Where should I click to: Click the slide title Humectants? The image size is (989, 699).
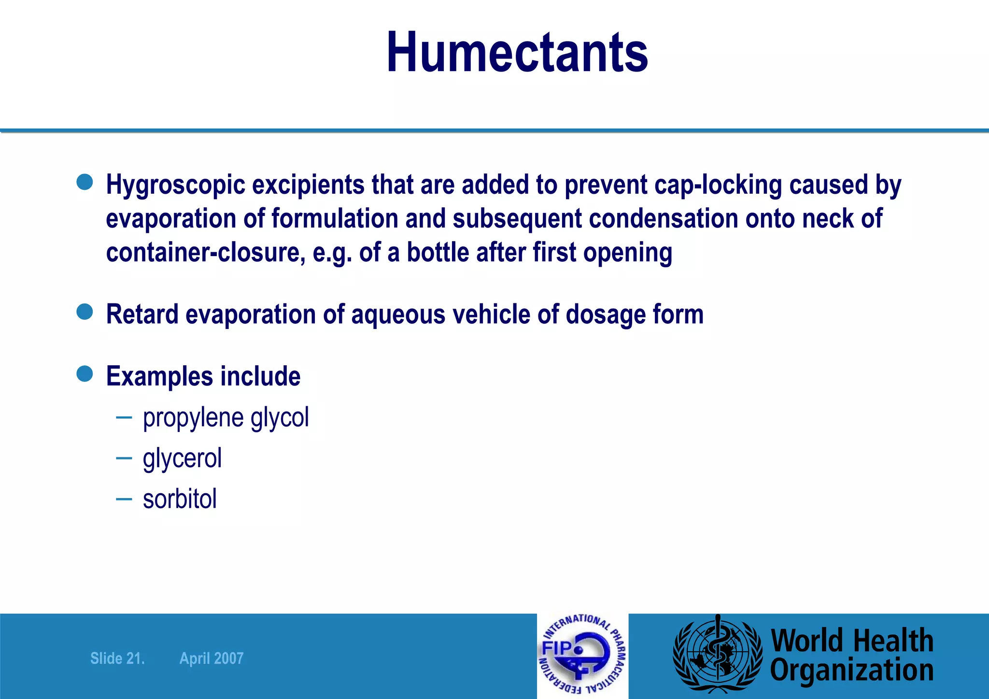[517, 52]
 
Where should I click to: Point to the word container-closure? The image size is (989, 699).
[205, 252]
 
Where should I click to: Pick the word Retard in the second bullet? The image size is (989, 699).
[142, 314]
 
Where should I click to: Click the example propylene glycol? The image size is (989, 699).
[226, 418]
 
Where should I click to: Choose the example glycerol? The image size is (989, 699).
[182, 458]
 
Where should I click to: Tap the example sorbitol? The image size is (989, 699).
[180, 499]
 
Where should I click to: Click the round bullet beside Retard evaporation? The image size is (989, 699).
[85, 312]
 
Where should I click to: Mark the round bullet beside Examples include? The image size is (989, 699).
[85, 373]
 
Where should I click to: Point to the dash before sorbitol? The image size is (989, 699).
[124, 499]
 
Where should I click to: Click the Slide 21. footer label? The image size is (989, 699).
[117, 658]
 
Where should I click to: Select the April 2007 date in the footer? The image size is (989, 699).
[212, 658]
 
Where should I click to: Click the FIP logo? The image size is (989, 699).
[582, 656]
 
